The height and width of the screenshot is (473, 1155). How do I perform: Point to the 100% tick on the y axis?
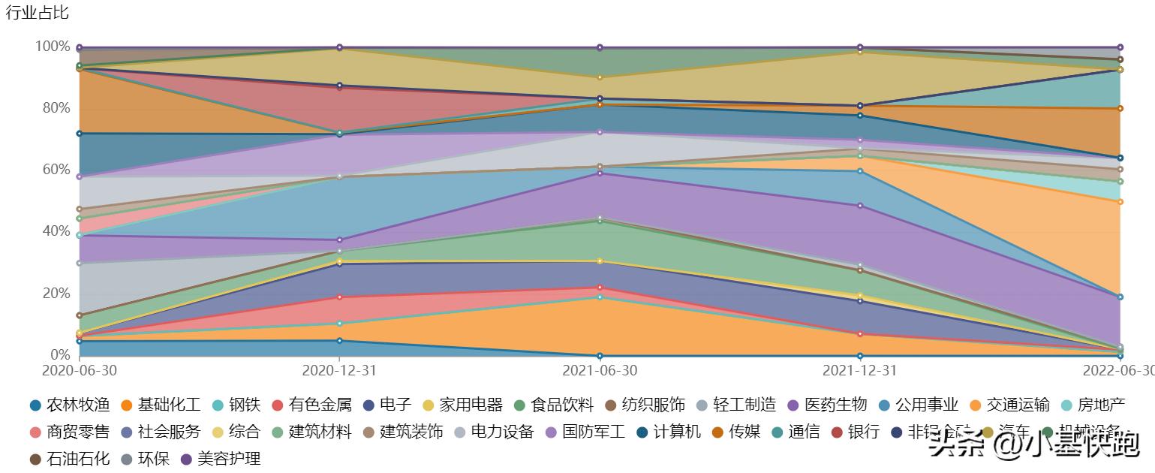pyautogui.click(x=52, y=47)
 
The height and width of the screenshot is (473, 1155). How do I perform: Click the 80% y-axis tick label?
pyautogui.click(x=54, y=108)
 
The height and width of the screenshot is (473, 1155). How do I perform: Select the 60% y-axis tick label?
pyautogui.click(x=54, y=170)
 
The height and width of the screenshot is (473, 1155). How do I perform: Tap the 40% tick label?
pyautogui.click(x=54, y=231)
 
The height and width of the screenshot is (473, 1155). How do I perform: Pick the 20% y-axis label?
pyautogui.click(x=54, y=293)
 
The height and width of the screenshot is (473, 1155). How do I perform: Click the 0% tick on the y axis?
pyautogui.click(x=58, y=354)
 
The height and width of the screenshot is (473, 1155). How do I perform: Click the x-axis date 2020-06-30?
pyautogui.click(x=80, y=371)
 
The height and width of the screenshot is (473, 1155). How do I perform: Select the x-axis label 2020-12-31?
pyautogui.click(x=339, y=371)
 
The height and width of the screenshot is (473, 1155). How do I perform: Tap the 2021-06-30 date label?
pyautogui.click(x=600, y=371)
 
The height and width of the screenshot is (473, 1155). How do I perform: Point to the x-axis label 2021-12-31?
pyautogui.click(x=859, y=371)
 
